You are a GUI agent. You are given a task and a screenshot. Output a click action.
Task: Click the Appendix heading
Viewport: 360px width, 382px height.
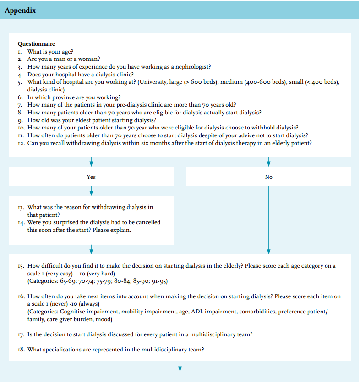click(20, 10)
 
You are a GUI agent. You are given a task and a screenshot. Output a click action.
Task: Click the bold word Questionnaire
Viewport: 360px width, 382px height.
click(36, 44)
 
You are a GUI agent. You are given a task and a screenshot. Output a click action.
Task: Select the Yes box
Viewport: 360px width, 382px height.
click(91, 177)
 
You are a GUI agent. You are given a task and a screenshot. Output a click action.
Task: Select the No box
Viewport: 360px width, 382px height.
click(268, 177)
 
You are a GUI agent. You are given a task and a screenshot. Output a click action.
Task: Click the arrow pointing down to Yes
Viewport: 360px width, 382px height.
click(91, 161)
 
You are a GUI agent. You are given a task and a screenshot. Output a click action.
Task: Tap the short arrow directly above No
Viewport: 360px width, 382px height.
click(268, 161)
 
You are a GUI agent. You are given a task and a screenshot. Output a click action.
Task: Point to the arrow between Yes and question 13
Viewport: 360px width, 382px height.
click(91, 190)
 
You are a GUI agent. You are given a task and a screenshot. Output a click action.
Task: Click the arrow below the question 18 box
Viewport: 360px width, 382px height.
click(180, 366)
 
